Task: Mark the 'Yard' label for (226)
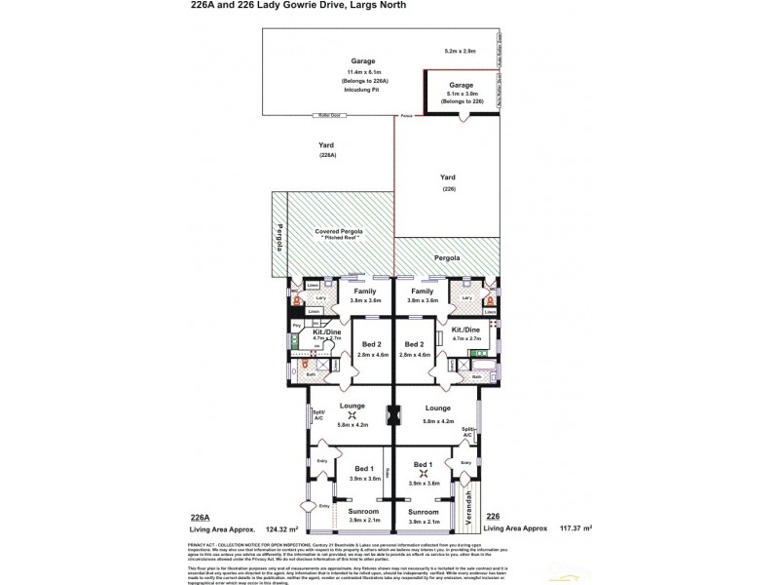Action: tap(448, 177)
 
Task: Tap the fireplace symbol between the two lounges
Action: tap(393, 416)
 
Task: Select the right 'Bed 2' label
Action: tap(415, 344)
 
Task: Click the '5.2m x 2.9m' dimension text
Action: tap(460, 49)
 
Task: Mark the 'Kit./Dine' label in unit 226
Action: tap(466, 331)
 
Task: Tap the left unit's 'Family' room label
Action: tap(363, 291)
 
